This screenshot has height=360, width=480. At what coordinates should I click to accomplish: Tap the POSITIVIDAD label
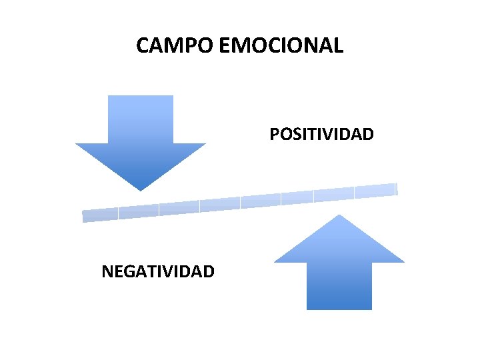click(321, 135)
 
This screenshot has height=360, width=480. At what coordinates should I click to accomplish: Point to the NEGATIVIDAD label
click(158, 271)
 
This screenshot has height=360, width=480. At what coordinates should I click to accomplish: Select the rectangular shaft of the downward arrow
click(141, 120)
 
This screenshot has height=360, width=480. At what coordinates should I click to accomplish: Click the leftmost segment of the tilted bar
click(100, 215)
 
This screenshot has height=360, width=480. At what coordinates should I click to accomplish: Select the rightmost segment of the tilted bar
click(375, 191)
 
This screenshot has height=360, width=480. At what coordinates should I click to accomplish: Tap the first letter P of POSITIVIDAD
click(274, 135)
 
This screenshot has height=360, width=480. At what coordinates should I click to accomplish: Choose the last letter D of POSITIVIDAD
click(368, 135)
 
